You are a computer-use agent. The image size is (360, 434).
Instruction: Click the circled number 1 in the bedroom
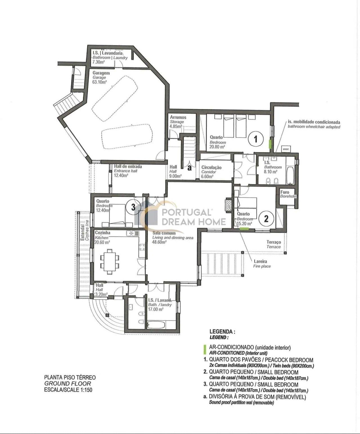point(256,139)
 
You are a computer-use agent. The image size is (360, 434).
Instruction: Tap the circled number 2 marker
point(266,219)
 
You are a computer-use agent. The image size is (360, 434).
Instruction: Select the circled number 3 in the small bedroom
point(133,207)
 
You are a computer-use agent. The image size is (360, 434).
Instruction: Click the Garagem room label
point(101,73)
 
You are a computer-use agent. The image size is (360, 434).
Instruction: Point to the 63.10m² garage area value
point(99,82)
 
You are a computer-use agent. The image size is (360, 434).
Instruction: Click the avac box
point(286,149)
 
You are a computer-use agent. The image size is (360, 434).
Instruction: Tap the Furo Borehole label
point(288,194)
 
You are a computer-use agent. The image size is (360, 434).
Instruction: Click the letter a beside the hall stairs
point(190,168)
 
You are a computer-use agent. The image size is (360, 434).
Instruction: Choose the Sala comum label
point(161,233)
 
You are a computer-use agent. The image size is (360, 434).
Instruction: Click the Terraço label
point(274,242)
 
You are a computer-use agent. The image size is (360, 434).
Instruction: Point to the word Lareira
point(260,261)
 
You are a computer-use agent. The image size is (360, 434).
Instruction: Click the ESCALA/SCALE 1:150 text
point(68,390)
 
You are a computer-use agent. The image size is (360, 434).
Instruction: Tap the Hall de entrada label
point(128,166)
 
